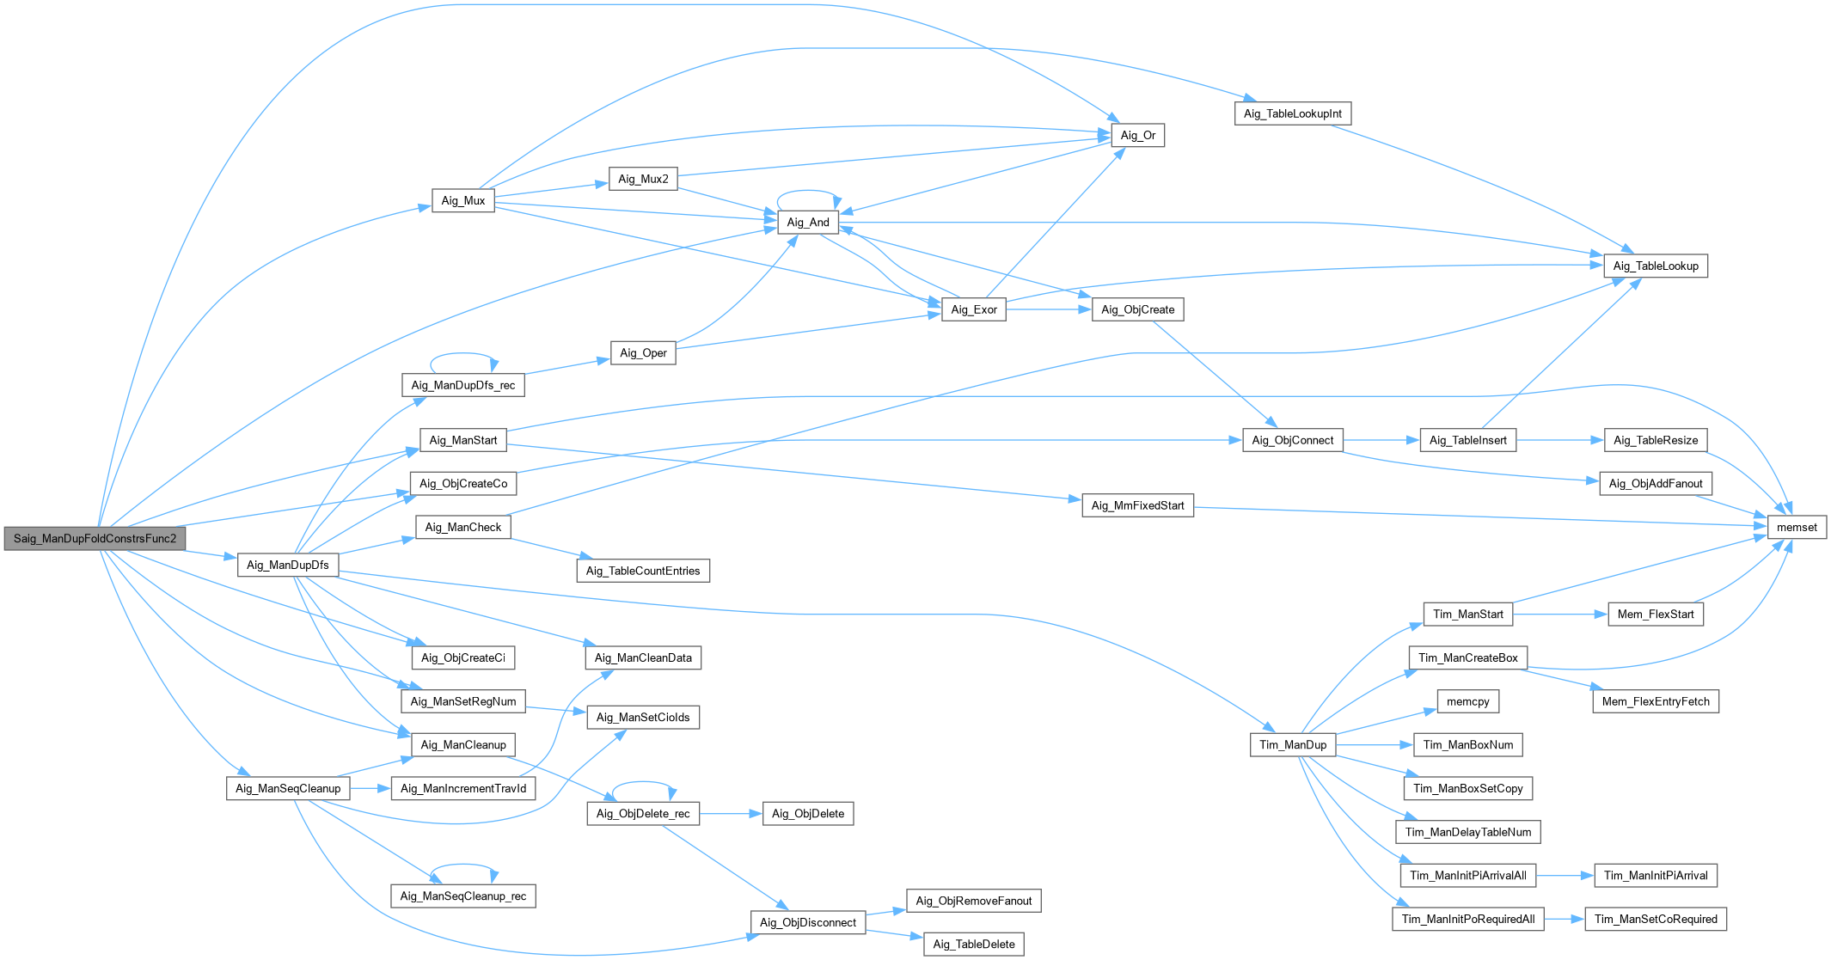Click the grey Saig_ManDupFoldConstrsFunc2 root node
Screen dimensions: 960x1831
[x=95, y=539]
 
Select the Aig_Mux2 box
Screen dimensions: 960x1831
[x=643, y=179]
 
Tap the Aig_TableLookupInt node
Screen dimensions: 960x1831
[x=1292, y=113]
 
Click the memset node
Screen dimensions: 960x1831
[x=1797, y=528]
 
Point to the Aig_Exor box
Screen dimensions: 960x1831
[x=974, y=309]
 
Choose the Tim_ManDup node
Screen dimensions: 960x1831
[x=1292, y=745]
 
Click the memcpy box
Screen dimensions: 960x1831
[x=1467, y=701]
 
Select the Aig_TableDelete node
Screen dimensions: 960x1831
[x=974, y=945]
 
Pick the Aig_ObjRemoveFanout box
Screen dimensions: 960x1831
[x=973, y=901]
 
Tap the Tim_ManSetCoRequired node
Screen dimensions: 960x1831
[x=1656, y=919]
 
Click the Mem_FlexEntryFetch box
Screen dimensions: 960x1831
[x=1656, y=701]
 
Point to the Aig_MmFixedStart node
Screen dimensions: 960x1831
[x=1137, y=505]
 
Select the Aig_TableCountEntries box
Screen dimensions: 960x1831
[x=643, y=571]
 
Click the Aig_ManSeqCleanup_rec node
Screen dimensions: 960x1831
[x=462, y=896]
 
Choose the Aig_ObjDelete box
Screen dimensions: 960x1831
[x=808, y=814]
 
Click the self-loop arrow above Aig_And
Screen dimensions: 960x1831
[x=808, y=191]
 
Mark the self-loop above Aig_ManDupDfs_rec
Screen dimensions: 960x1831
[x=463, y=354]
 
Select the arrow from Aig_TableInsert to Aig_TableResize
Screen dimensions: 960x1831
[x=1560, y=440]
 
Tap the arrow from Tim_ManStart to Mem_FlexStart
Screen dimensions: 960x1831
[x=1560, y=615]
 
